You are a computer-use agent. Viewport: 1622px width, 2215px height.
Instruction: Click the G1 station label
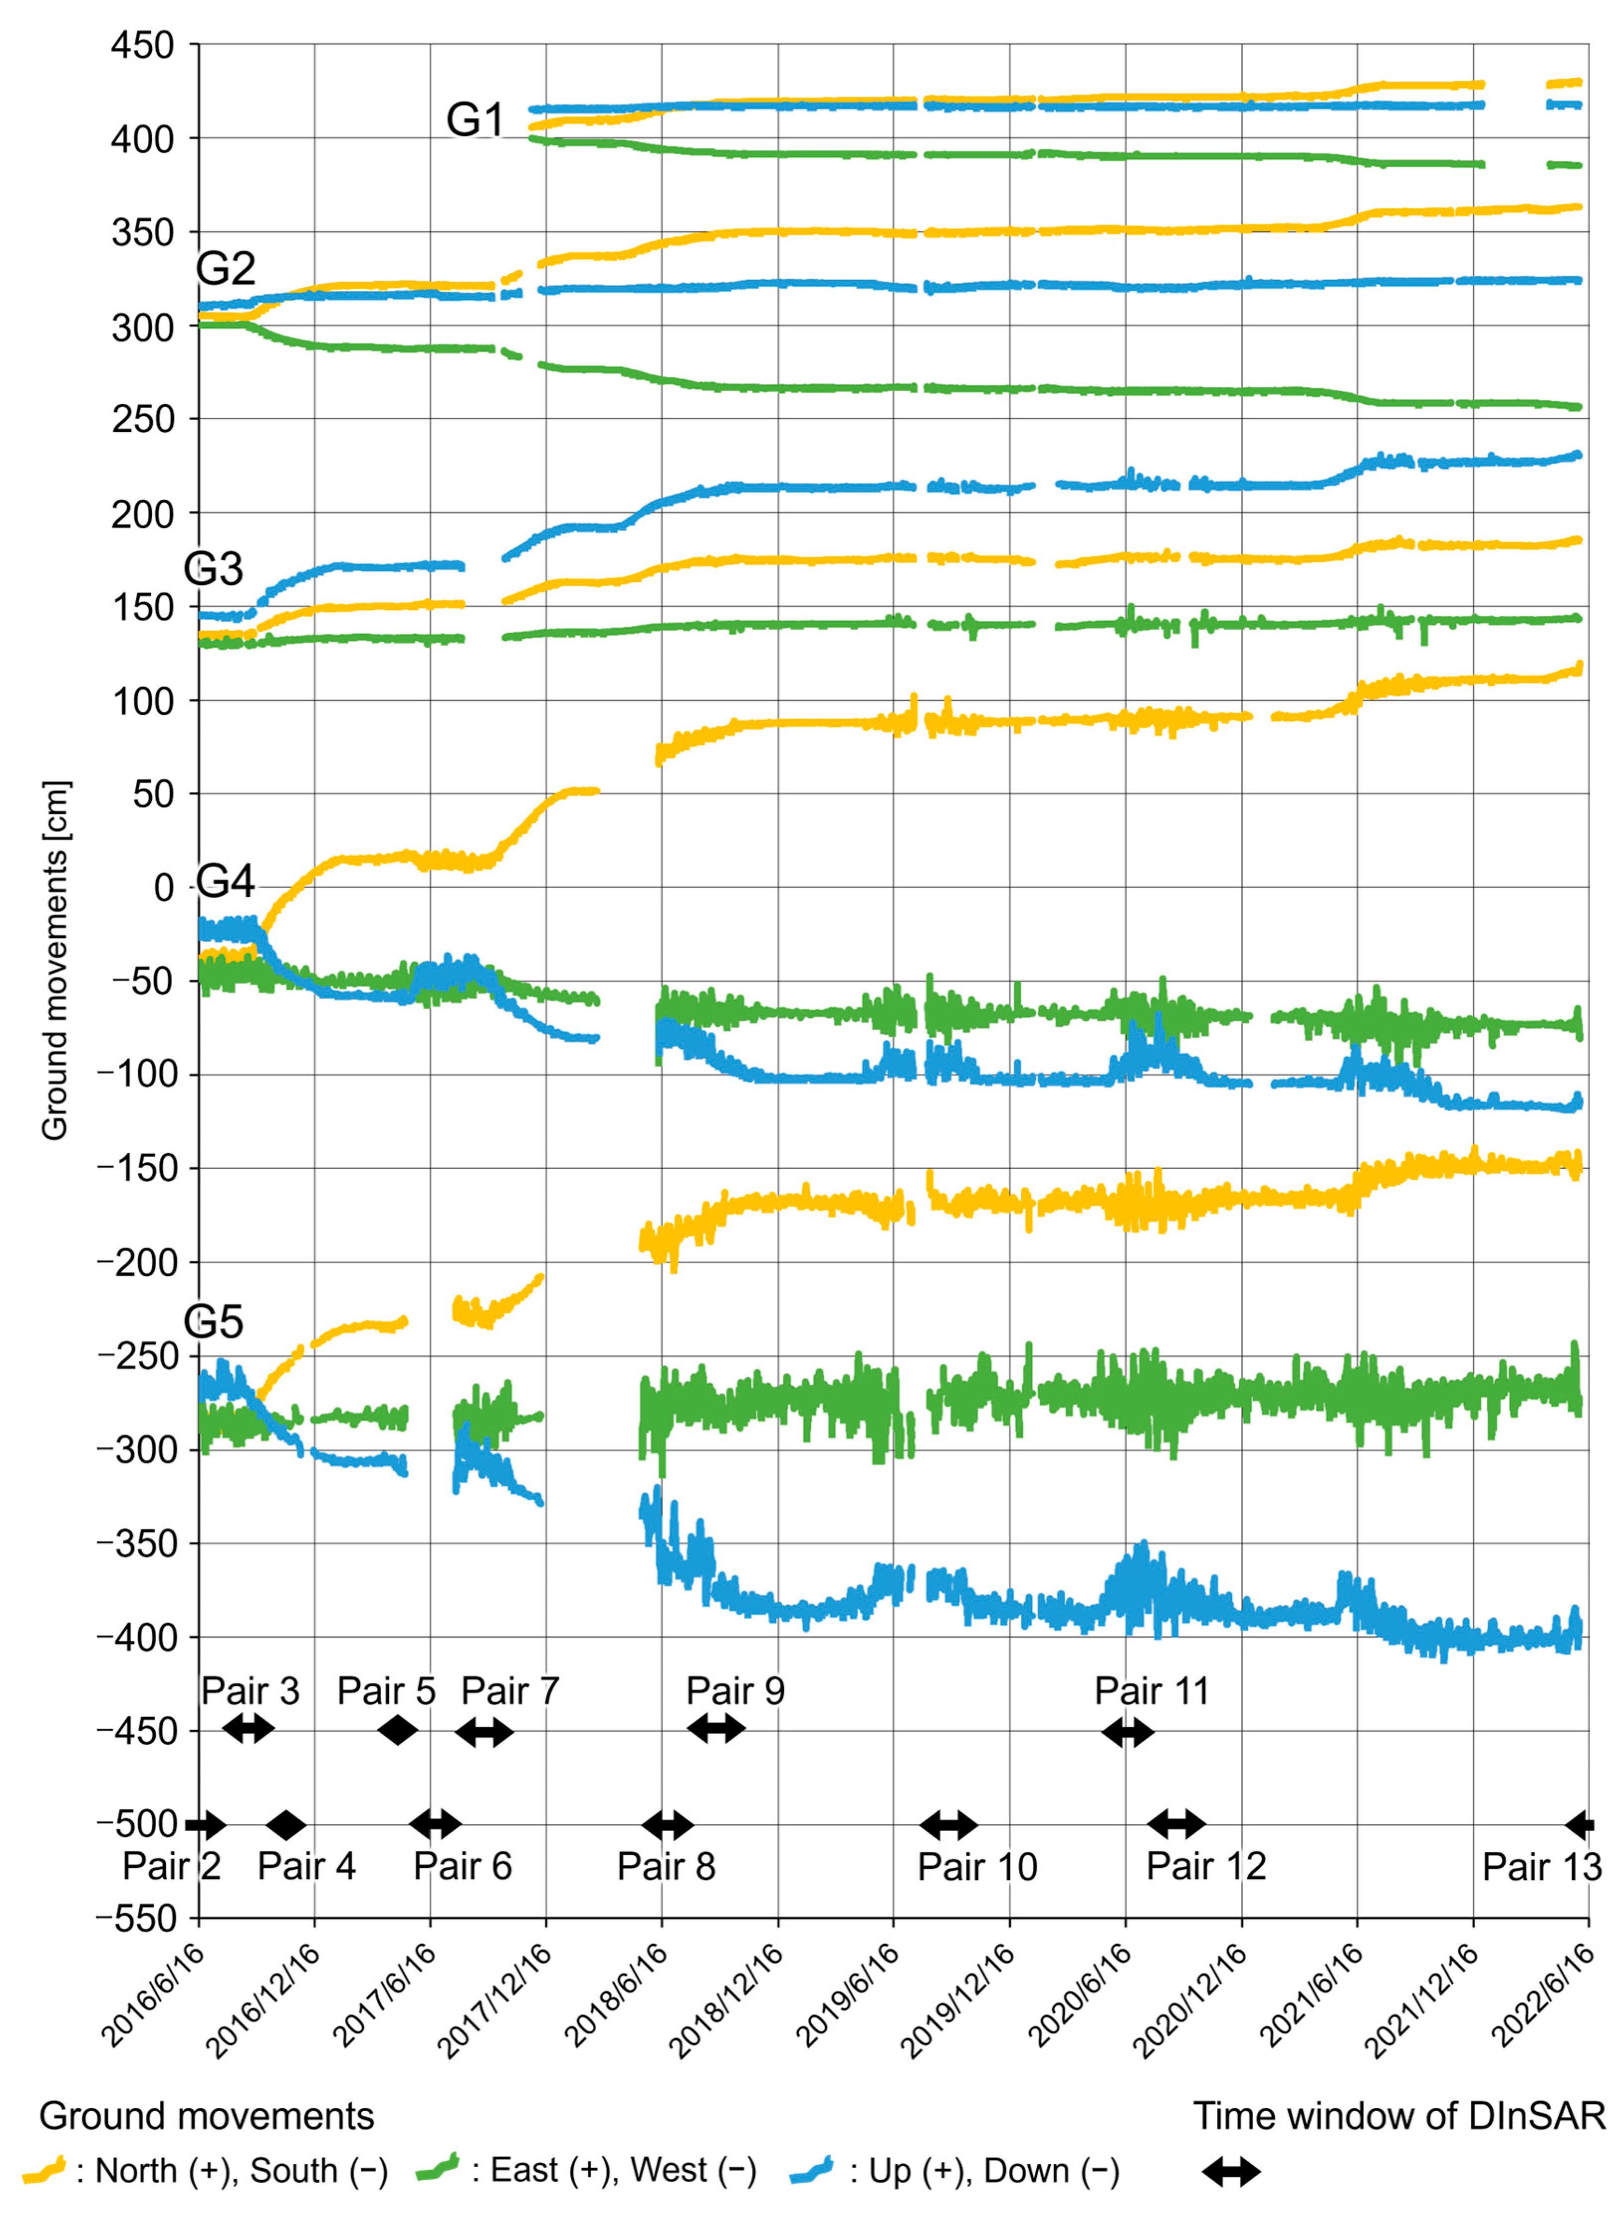(x=475, y=120)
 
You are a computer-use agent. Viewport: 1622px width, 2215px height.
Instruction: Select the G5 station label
(x=213, y=1322)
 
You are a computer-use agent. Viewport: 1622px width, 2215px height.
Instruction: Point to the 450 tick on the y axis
(x=142, y=45)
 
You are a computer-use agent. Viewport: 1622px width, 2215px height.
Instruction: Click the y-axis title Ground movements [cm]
(x=55, y=960)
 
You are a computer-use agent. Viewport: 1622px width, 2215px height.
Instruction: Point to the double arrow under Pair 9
(x=716, y=1728)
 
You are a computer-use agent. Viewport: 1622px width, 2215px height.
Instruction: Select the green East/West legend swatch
(x=438, y=2170)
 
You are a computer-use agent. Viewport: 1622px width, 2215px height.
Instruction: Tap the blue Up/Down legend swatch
(x=811, y=2170)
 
